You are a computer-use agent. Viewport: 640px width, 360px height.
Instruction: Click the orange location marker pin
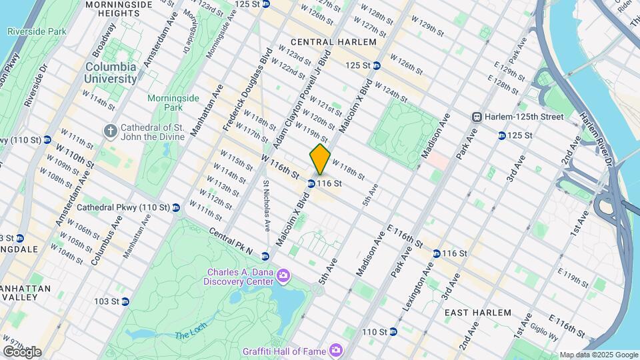(320, 159)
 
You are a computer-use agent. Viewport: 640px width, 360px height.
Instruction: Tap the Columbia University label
(111, 73)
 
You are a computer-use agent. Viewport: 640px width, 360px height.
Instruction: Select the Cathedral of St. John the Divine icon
(111, 129)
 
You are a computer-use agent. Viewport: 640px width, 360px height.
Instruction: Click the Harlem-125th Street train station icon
(477, 117)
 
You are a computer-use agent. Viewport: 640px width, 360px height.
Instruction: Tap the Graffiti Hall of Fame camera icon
(337, 349)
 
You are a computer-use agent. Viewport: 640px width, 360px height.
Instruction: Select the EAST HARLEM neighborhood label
(477, 312)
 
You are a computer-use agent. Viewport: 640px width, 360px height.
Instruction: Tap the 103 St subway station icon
(125, 301)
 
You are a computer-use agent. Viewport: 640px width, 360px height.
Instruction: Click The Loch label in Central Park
(191, 335)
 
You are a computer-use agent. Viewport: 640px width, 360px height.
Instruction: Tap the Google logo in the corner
(21, 351)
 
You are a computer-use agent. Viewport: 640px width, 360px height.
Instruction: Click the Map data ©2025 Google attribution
(598, 355)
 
